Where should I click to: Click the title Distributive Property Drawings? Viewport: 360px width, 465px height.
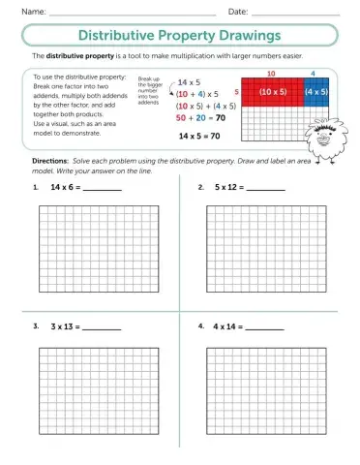tap(180, 35)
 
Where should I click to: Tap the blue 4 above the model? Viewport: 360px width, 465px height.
tap(314, 74)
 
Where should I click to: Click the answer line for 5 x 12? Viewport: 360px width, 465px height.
tap(265, 190)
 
